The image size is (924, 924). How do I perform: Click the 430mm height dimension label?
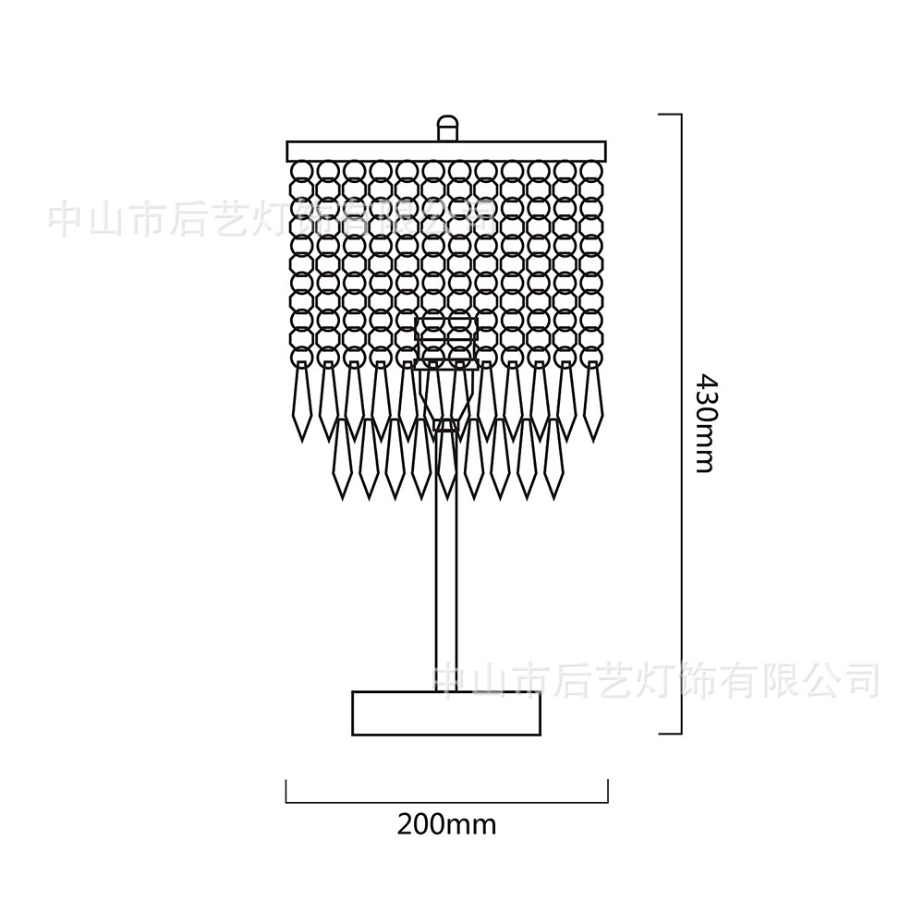pyautogui.click(x=704, y=423)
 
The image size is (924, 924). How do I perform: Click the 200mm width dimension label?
pyautogui.click(x=446, y=823)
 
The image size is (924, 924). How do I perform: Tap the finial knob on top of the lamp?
pyautogui.click(x=447, y=127)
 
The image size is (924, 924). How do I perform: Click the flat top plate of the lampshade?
pyautogui.click(x=447, y=151)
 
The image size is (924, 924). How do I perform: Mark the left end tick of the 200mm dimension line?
pyautogui.click(x=286, y=791)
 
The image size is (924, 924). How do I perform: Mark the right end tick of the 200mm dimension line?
pyautogui.click(x=607, y=791)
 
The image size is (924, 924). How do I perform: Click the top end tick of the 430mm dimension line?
pyautogui.click(x=670, y=115)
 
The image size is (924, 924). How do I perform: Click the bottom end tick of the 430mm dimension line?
pyautogui.click(x=670, y=735)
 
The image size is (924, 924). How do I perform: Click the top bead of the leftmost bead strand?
pyautogui.click(x=300, y=171)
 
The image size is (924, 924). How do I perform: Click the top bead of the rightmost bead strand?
pyautogui.click(x=592, y=171)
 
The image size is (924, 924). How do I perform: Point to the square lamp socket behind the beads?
pyautogui.click(x=447, y=340)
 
